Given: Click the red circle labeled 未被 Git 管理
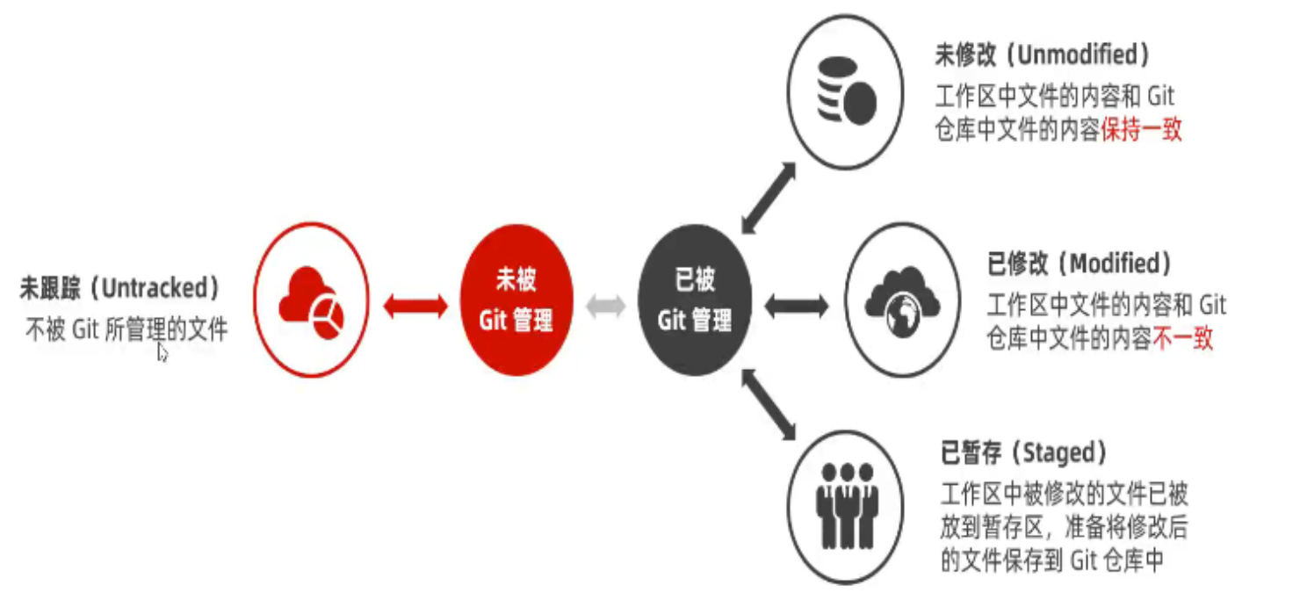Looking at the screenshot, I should pyautogui.click(x=516, y=300).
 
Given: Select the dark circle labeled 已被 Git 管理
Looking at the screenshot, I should pyautogui.click(x=693, y=300).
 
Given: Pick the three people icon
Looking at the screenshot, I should pyautogui.click(x=846, y=507).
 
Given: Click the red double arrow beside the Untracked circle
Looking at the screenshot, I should pyautogui.click(x=415, y=306).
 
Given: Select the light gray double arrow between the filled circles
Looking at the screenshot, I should pyautogui.click(x=605, y=306).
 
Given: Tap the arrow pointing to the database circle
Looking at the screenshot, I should pyautogui.click(x=767, y=197).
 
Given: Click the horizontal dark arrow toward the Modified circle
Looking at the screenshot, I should pyautogui.click(x=796, y=306).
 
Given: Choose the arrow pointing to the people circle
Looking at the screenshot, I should pyautogui.click(x=767, y=403).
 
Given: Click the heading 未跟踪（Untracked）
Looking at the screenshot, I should pyautogui.click(x=119, y=288).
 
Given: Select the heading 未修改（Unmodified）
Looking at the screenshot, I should pyautogui.click(x=1042, y=55).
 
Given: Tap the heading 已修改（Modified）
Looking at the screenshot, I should pyautogui.click(x=1080, y=264).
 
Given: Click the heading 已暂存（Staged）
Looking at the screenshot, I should pyautogui.click(x=1023, y=453).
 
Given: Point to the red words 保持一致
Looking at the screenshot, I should pyautogui.click(x=1141, y=130).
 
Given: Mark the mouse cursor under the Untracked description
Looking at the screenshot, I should pyautogui.click(x=162, y=351).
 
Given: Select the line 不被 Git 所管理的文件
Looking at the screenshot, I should pyautogui.click(x=126, y=330).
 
